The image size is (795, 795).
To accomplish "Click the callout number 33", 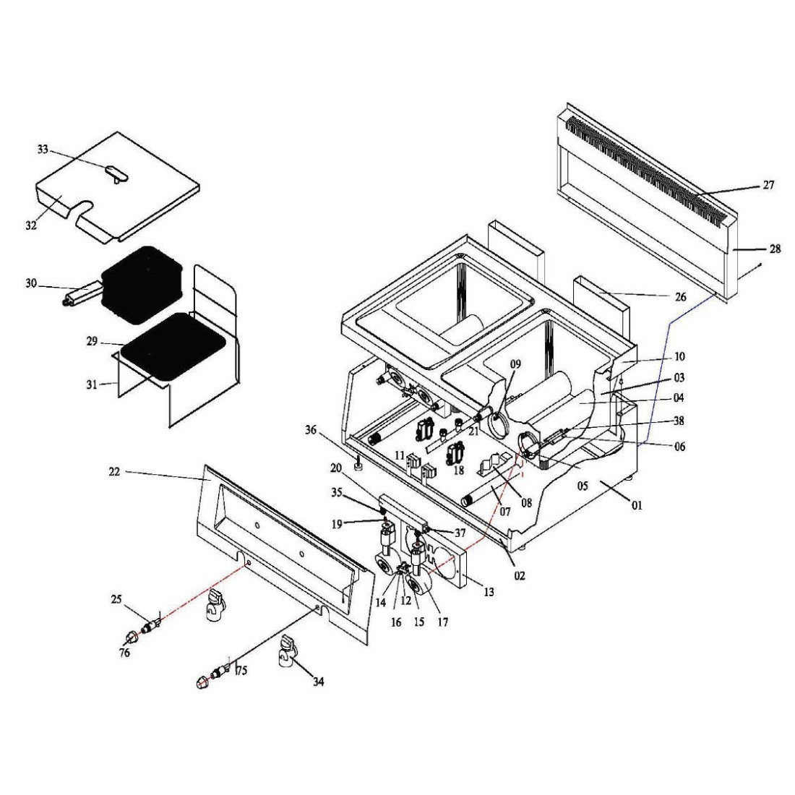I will coord(43,150).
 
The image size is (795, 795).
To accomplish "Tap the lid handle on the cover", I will coord(116,172).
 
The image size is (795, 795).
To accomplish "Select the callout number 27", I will coord(768,185).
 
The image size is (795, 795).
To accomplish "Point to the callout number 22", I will coord(114,471).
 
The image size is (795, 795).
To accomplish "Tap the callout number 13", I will coord(489,592).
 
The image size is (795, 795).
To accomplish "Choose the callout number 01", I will coord(637,505).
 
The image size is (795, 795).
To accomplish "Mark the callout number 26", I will coord(680,297).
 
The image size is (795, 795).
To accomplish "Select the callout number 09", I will coord(515,364).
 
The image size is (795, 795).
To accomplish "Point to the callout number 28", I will coord(775,249).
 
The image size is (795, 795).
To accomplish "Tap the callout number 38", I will coord(678,421).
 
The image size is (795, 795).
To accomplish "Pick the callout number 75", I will coord(242,670).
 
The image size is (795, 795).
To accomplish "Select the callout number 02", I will coord(520,575).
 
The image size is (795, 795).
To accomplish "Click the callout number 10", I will coord(679,356).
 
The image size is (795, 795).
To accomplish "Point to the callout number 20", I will coord(336,468).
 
